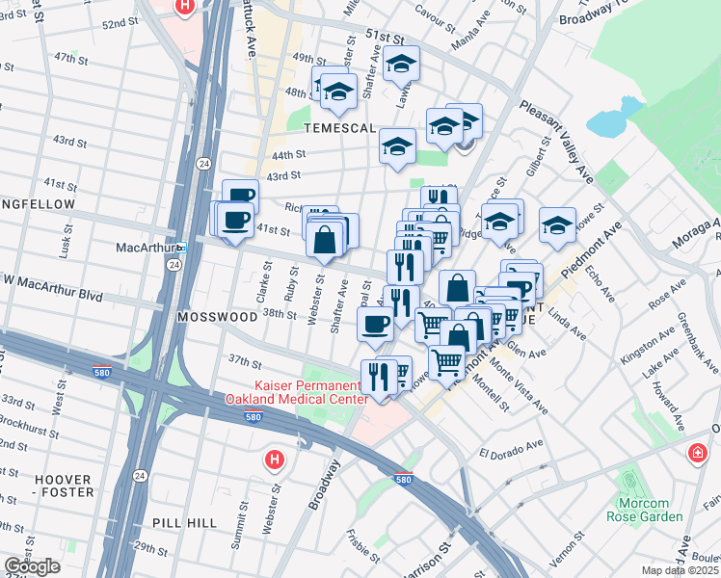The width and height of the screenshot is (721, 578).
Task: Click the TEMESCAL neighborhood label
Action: pos(334,127)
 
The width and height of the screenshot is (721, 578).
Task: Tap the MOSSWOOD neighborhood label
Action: pos(210,316)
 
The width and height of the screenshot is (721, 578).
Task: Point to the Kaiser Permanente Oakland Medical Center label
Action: pos(297,391)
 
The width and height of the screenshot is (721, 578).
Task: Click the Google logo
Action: pos(32,566)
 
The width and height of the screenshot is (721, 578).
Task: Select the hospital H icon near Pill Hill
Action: pos(275,460)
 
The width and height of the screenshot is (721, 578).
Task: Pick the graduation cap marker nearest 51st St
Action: pos(401,65)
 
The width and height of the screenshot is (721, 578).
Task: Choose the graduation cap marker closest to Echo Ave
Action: pos(557,226)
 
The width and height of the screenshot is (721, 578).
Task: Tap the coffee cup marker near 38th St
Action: pos(375,325)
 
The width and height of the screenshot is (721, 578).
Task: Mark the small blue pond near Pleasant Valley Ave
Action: pos(604,124)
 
